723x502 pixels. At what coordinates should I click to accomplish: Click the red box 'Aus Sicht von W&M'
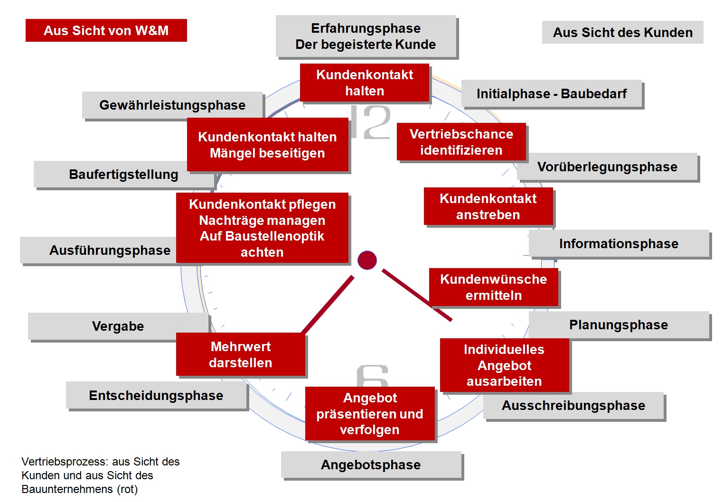point(106,30)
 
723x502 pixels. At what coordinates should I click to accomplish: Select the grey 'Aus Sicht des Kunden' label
point(622,32)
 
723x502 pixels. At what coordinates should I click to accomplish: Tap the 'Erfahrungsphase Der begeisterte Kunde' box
point(366,36)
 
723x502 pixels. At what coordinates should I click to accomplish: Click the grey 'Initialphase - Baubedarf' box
point(552,94)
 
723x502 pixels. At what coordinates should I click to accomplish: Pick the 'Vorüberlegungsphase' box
point(607,167)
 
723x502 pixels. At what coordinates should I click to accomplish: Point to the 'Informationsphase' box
point(619,244)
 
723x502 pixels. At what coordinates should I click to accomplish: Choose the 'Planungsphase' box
point(619,325)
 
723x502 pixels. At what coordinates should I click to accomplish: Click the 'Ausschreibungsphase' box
point(573,406)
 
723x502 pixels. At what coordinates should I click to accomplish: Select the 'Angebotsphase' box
point(371,465)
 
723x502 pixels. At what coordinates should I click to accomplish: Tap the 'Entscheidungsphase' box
point(156,395)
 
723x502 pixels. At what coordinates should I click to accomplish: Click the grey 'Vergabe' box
point(118,326)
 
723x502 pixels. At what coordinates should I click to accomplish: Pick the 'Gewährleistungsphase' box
point(172,105)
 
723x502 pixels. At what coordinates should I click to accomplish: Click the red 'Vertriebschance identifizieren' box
point(461,142)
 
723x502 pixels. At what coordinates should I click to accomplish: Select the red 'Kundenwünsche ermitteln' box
point(494,287)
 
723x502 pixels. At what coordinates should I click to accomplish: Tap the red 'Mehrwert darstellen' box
point(241,354)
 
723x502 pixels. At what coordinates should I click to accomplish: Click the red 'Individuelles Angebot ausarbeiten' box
point(504,365)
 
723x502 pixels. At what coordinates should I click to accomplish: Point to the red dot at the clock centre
point(367,260)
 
